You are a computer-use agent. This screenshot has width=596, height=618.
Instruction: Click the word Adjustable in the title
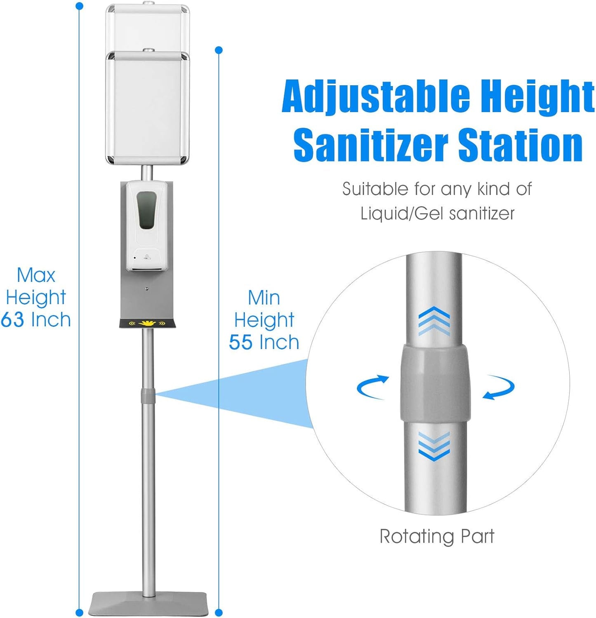tap(376, 97)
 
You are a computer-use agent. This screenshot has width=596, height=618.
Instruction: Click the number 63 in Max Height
tap(12, 320)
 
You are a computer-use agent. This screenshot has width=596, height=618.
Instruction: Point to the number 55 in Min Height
tap(241, 342)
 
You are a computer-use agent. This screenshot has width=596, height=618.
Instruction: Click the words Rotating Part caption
tap(437, 536)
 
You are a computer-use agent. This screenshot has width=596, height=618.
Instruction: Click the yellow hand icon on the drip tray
tap(147, 323)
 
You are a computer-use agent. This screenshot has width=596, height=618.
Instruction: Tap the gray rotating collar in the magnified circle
tap(435, 383)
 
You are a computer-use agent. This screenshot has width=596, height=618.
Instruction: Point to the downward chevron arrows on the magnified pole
tap(434, 446)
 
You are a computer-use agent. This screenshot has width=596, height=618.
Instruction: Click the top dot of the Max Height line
tap(80, 6)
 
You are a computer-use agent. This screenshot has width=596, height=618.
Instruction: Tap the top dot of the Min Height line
tap(219, 50)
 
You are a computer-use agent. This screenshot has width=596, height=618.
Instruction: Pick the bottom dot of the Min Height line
tap(219, 613)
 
